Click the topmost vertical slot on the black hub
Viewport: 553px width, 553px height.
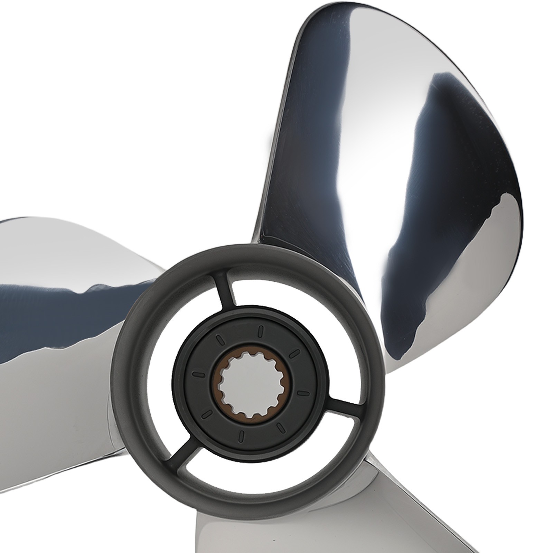[261, 330]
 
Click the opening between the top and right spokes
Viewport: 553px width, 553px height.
[311, 311]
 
